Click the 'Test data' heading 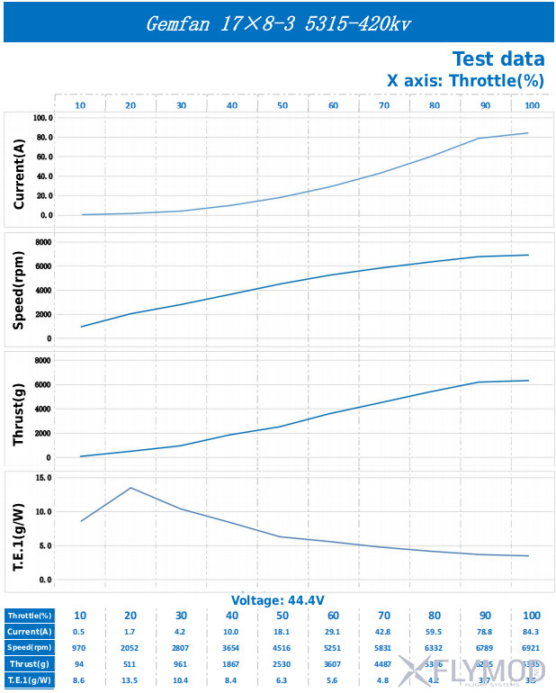498,59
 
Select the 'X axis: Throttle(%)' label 465,80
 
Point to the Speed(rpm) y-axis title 19,291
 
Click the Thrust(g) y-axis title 19,409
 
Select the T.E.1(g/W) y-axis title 19,528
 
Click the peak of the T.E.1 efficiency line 131,488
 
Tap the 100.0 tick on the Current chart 43,118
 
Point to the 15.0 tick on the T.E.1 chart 43,477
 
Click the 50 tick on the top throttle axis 282,106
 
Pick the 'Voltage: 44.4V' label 277,600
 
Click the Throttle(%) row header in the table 30,616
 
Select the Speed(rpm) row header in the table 30,648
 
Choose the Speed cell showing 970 80,648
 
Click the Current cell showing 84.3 532,632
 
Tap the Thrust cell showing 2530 282,664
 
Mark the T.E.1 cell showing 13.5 130,680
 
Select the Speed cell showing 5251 333,648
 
